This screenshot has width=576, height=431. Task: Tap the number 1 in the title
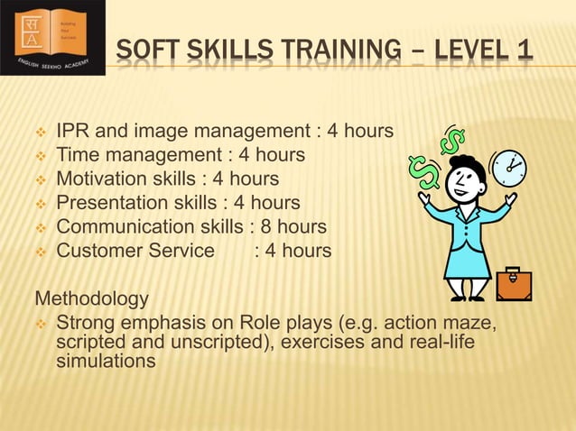(x=524, y=55)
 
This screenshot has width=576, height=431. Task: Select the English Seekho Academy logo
(x=52, y=37)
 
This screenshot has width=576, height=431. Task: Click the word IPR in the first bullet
(x=75, y=132)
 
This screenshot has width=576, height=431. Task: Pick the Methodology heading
(x=91, y=298)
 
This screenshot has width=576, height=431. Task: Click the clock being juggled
(x=508, y=168)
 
